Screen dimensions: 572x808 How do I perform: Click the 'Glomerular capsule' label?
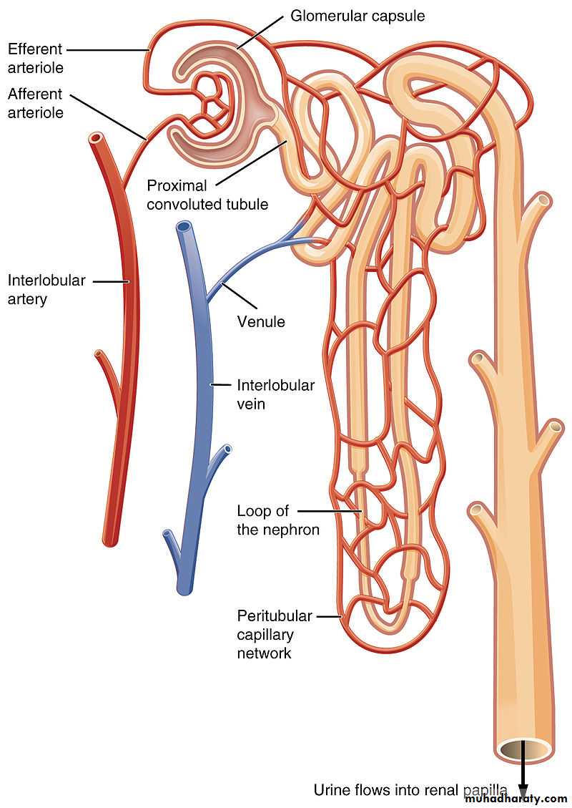tap(357, 16)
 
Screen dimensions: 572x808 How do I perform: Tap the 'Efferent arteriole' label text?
tap(36, 58)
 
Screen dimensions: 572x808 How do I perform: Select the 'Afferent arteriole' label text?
tap(36, 103)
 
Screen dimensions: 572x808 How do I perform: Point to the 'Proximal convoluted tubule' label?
tap(207, 195)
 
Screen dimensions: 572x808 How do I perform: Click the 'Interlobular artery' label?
tap(46, 290)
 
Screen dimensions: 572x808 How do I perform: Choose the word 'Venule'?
tap(261, 321)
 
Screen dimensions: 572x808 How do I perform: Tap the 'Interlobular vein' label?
tap(275, 394)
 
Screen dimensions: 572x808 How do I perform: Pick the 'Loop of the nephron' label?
tap(278, 520)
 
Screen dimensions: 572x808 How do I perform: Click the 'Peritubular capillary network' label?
tap(275, 634)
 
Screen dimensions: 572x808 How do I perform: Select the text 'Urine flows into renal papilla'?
tap(410, 789)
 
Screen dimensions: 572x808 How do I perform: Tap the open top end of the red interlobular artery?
tap(95, 137)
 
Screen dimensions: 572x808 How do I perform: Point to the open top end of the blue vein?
tap(184, 226)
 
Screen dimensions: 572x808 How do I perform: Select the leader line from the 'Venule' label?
tap(238, 296)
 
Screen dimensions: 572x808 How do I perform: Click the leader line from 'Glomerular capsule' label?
tap(260, 32)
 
